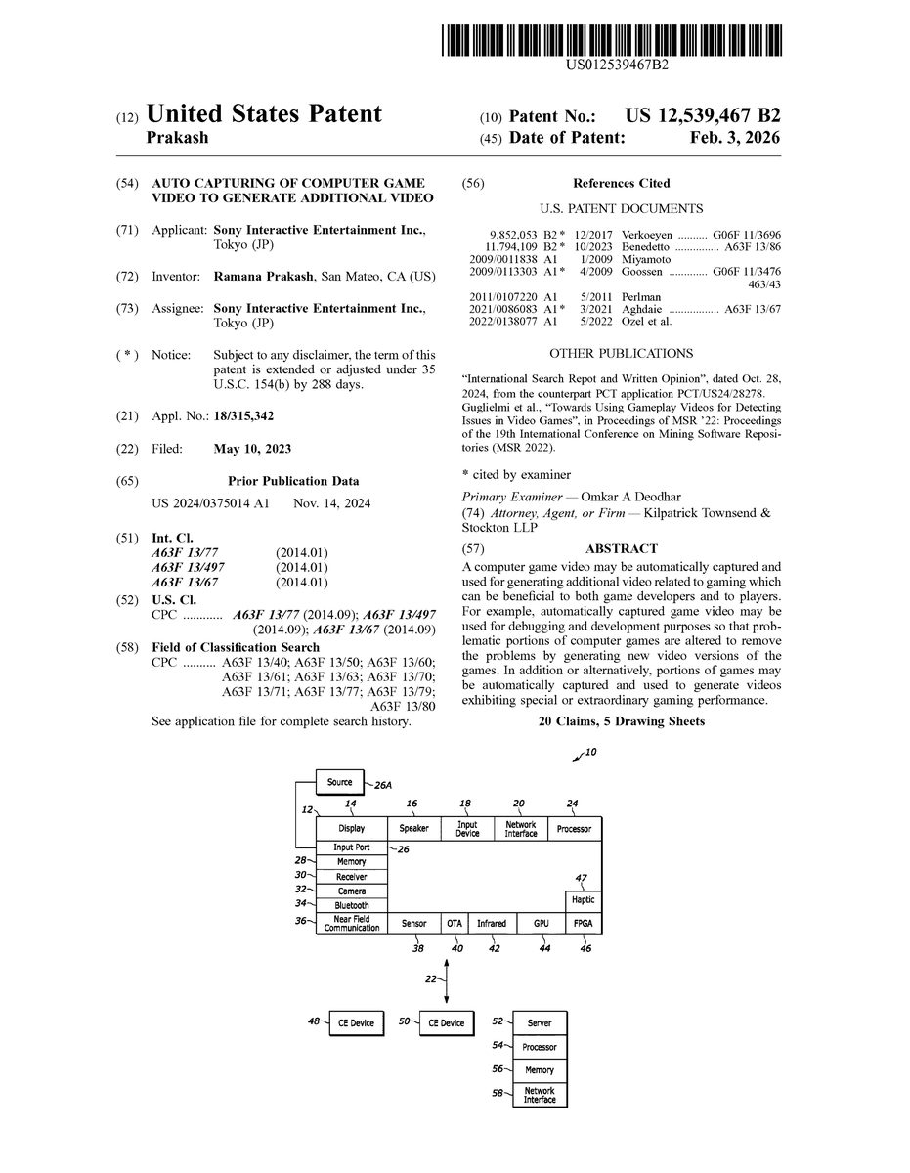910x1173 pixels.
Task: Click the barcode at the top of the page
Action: coord(612,38)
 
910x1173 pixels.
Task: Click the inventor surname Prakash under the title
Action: coord(177,138)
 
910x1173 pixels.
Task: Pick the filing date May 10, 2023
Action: coord(252,449)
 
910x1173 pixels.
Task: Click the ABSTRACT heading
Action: coord(621,549)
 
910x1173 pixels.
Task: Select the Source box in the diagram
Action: coord(339,783)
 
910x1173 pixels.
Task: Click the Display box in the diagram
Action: coord(352,829)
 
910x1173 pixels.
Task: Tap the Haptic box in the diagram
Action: coord(584,900)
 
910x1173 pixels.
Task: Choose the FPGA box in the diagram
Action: coord(584,923)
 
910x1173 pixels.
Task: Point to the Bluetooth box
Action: coord(352,906)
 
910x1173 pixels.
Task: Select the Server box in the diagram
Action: coord(540,1023)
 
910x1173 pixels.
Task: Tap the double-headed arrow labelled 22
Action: coord(447,980)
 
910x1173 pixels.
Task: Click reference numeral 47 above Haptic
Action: coord(581,878)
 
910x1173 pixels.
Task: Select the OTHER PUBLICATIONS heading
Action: coord(621,354)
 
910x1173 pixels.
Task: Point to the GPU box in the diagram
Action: coord(541,923)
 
